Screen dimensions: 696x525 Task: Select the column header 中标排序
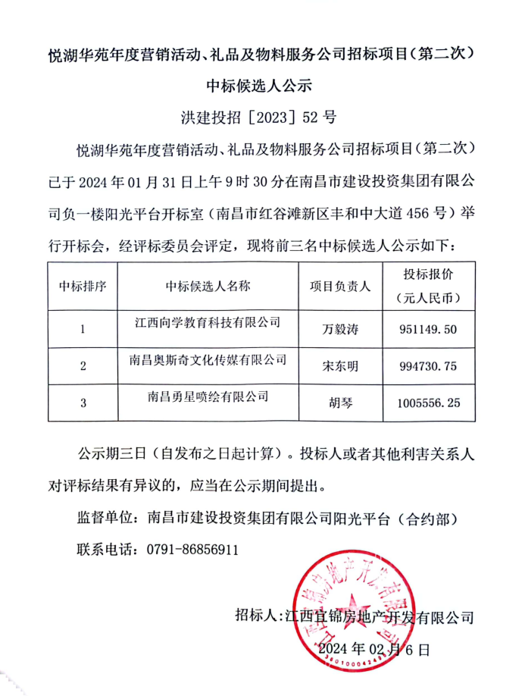[x=83, y=286]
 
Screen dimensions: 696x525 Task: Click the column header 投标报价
[x=428, y=274]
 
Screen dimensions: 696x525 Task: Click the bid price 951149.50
[x=428, y=330]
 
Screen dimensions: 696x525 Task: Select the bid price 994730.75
[x=428, y=366]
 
